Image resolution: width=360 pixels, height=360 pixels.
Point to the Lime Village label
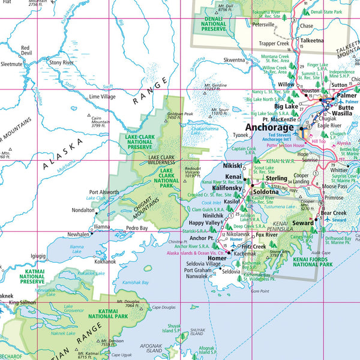[x=102, y=97]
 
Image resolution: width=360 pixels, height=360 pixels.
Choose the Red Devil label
[x=25, y=50]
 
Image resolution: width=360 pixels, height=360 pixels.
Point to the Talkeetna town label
[x=312, y=40]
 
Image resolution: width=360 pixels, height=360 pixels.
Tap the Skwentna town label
[x=234, y=60]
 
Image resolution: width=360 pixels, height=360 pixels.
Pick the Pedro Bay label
[x=136, y=229]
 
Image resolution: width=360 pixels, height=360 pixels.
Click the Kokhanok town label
[x=105, y=262]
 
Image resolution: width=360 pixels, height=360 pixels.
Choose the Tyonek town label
[x=225, y=136]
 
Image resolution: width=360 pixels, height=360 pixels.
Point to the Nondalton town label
[x=83, y=211]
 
